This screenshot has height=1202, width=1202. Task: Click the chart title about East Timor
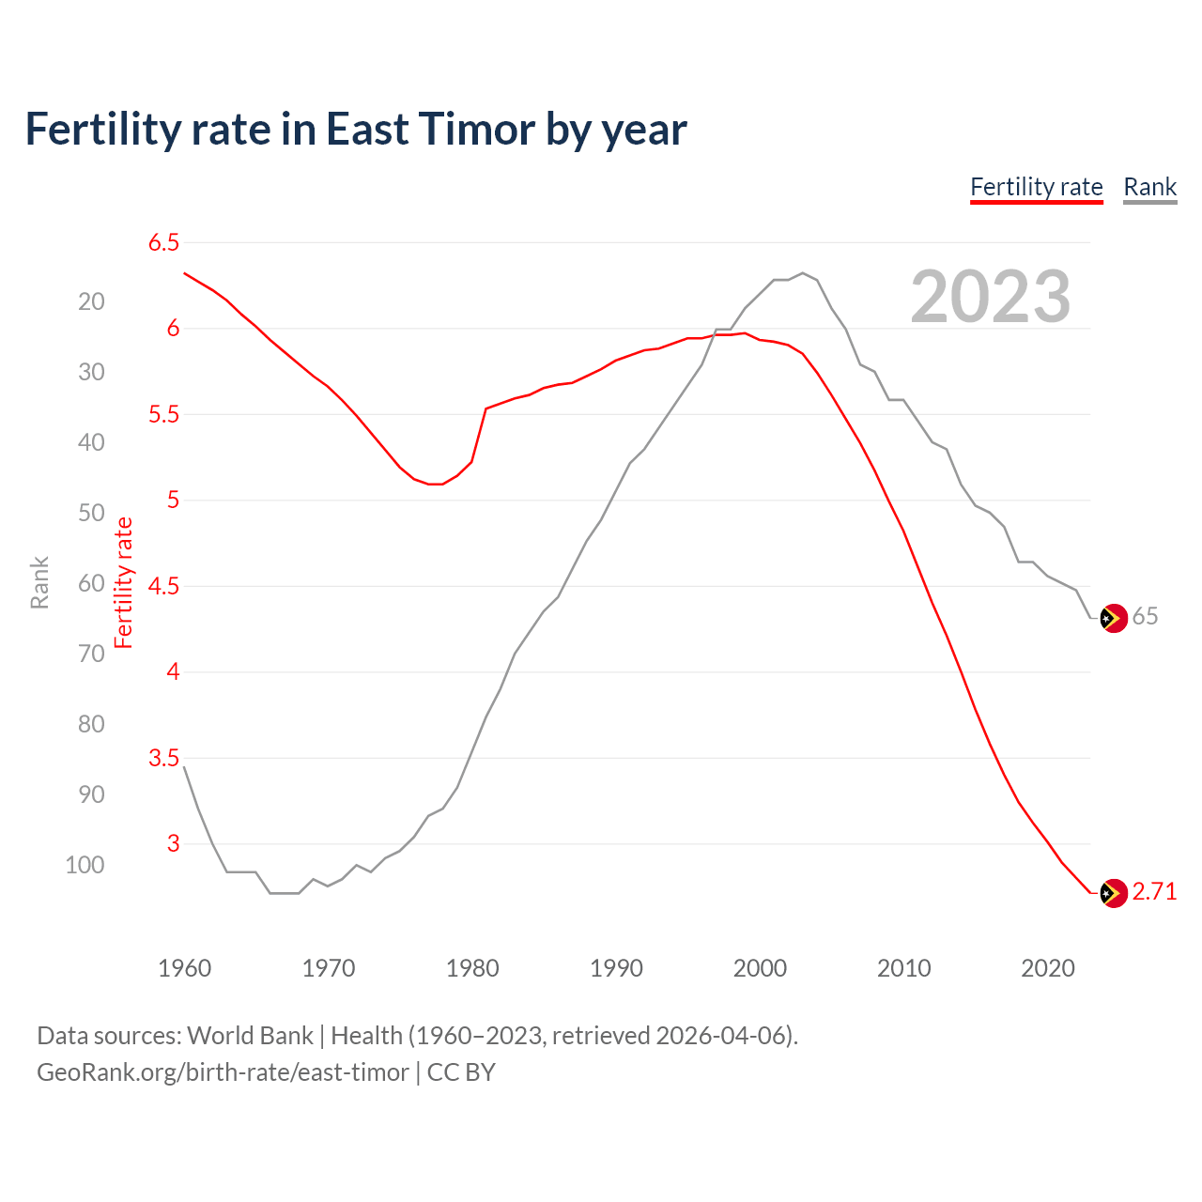click(x=356, y=130)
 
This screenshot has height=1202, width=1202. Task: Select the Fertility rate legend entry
click(x=1036, y=187)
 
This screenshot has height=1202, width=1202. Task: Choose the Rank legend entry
click(x=1149, y=187)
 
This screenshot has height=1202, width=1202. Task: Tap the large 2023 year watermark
click(x=990, y=297)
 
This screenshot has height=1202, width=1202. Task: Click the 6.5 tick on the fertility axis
click(x=163, y=242)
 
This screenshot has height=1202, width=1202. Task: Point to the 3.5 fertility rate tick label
click(x=163, y=758)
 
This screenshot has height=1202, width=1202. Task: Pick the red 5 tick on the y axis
click(x=173, y=500)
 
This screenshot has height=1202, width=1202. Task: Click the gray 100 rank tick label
click(x=85, y=865)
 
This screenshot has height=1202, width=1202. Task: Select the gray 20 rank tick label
click(x=91, y=301)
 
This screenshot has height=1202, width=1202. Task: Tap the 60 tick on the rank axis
click(x=91, y=583)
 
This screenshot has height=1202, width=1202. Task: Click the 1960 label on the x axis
click(x=184, y=968)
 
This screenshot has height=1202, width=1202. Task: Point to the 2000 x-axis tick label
click(x=760, y=968)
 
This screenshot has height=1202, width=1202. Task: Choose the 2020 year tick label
click(x=1047, y=968)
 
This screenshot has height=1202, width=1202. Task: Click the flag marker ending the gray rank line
click(x=1113, y=618)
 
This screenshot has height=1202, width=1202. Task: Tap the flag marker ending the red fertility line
click(x=1113, y=893)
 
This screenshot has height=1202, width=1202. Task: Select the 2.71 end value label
click(x=1154, y=891)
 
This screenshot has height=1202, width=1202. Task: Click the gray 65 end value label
click(x=1145, y=616)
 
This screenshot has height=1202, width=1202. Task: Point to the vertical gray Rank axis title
click(x=39, y=582)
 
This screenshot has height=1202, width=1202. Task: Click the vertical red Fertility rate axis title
click(x=124, y=582)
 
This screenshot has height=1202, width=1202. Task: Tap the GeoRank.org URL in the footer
click(x=223, y=1072)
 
